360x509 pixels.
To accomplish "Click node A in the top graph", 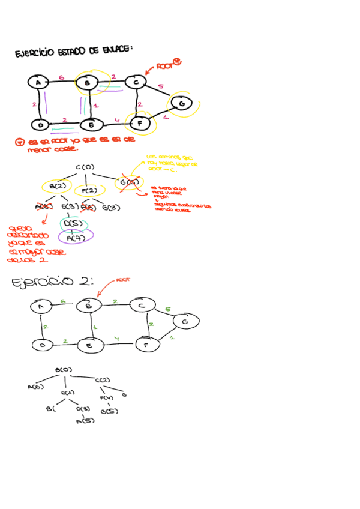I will point(38,82).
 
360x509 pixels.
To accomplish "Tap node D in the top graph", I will point(40,125).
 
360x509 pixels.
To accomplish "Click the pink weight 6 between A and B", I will point(62,77).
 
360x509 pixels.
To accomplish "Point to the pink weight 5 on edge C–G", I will point(160,87).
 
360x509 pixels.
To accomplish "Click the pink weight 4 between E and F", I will point(118,121).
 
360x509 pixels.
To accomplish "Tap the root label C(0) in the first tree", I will point(85,167).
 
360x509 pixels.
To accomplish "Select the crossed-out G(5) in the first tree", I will point(130,182).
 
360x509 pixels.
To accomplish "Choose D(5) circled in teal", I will point(73,224).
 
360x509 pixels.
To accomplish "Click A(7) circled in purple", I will point(76,238).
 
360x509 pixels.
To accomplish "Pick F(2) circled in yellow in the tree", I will point(90,191).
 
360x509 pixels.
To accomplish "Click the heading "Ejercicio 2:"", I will point(51,283).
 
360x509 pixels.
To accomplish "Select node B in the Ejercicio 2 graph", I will point(88,306).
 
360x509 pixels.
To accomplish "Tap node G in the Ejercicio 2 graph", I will point(185,322).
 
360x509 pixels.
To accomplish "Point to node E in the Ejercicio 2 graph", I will point(88,346).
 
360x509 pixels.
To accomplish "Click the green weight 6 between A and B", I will point(63,301).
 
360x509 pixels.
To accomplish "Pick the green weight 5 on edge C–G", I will point(167,310).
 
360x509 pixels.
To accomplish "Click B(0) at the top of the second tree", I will point(64,370).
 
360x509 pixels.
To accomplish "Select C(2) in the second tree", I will point(102,380).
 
